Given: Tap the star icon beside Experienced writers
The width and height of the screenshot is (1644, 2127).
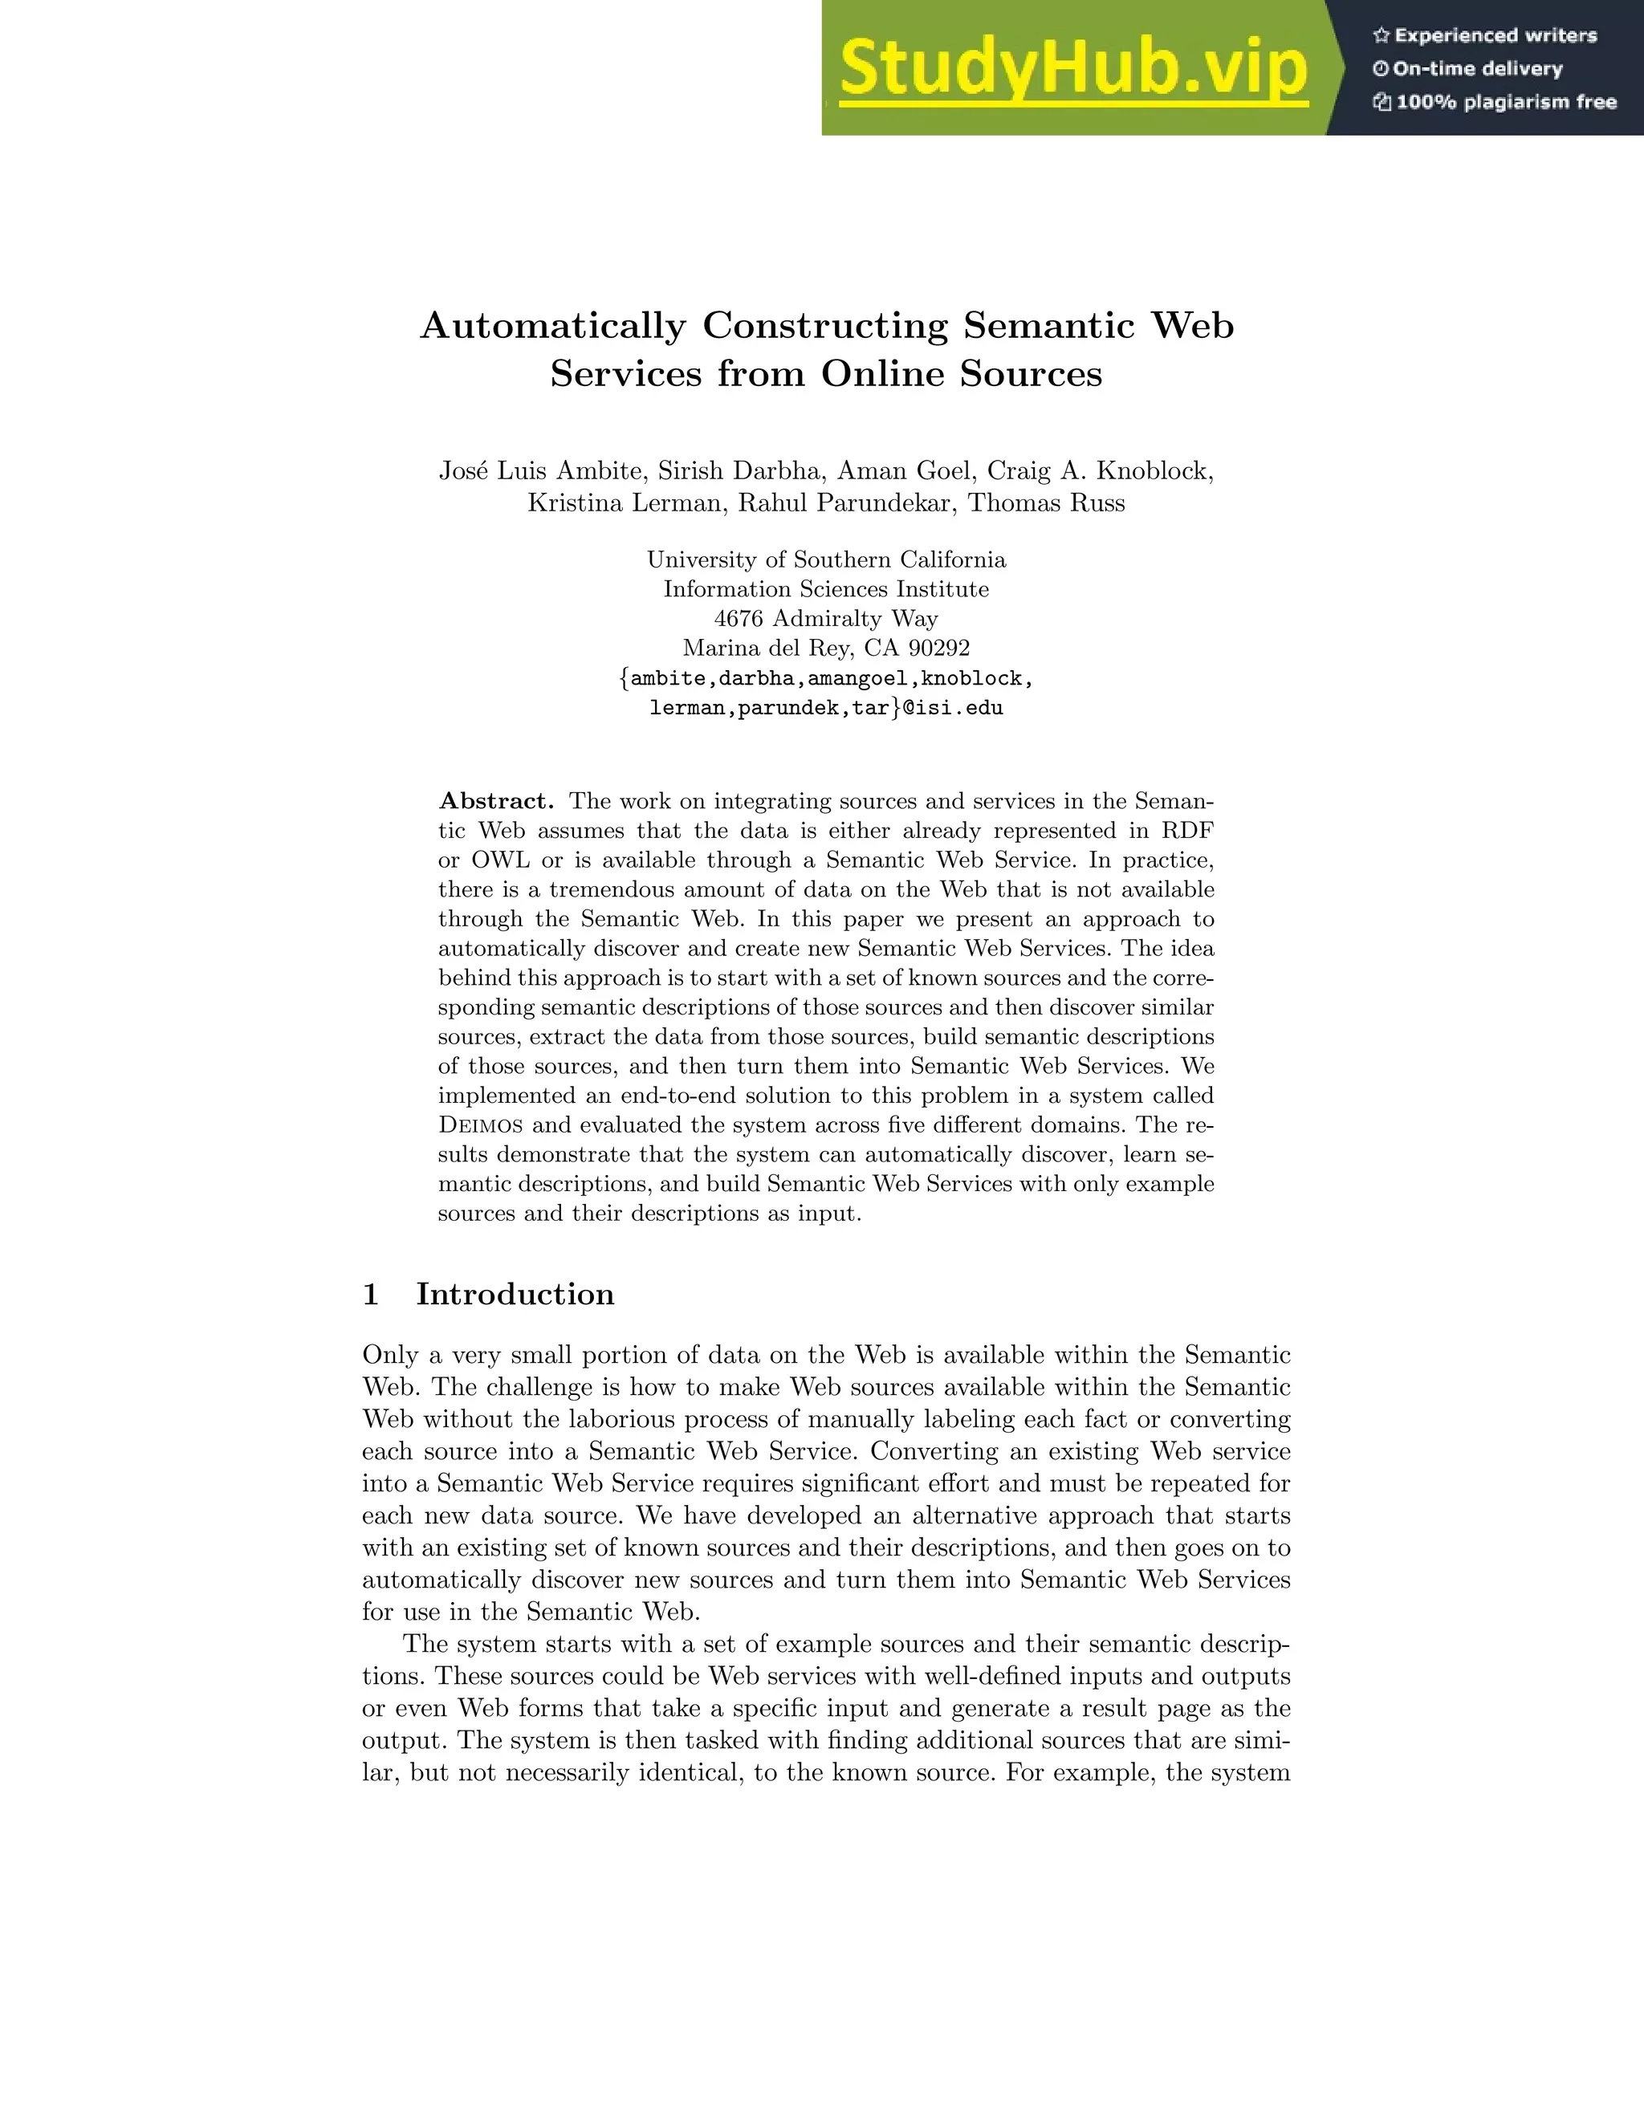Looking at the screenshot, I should [1380, 36].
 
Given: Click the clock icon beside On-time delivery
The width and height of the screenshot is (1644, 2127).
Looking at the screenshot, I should [1380, 69].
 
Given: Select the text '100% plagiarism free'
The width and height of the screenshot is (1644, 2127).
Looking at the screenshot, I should [1506, 102].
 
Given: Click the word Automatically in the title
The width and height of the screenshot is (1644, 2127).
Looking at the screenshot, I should [552, 326].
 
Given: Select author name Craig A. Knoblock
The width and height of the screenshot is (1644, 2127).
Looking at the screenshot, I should [1100, 471].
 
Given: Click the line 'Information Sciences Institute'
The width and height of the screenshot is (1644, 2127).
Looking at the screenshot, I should [826, 589].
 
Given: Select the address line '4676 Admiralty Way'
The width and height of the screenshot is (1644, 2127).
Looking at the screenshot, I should [826, 618].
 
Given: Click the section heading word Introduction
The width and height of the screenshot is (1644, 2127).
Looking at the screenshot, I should [515, 1295].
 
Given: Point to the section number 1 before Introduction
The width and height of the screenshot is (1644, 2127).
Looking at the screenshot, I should [370, 1295].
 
